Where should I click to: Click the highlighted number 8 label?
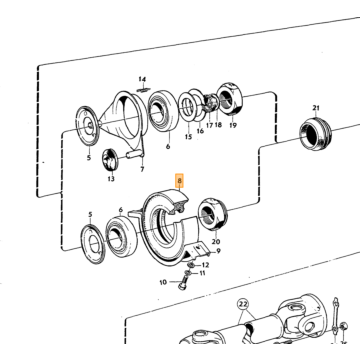click(x=180, y=181)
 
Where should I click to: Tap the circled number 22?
click(x=244, y=304)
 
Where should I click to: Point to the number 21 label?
click(x=316, y=108)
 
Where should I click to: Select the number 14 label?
click(x=142, y=79)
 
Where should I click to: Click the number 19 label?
click(x=233, y=125)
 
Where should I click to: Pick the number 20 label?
click(x=216, y=241)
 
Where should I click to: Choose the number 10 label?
click(x=163, y=283)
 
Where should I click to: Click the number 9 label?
click(x=218, y=251)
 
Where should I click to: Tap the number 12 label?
click(x=205, y=265)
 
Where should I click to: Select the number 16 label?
click(x=200, y=131)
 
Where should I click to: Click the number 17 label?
click(x=209, y=125)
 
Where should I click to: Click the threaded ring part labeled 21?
click(x=316, y=133)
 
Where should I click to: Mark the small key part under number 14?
click(x=143, y=89)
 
